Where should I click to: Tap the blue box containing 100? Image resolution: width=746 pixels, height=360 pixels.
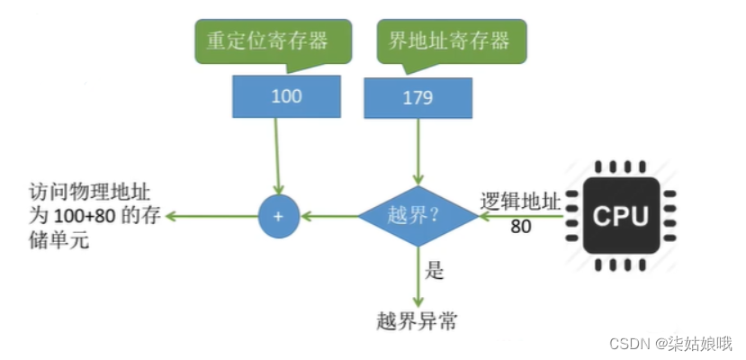click(286, 96)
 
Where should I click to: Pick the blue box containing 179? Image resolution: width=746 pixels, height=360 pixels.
click(418, 96)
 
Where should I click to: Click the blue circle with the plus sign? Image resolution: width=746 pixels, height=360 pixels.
click(278, 217)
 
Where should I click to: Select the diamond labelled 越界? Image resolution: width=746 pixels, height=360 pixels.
click(418, 217)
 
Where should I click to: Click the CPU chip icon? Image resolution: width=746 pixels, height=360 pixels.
click(620, 215)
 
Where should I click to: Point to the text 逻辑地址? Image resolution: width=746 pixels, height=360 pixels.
click(520, 202)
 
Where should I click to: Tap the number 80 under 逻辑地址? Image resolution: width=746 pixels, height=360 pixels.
click(520, 227)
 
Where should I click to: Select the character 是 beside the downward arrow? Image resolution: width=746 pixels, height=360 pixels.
click(436, 271)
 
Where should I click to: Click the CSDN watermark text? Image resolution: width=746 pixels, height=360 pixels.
click(670, 344)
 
